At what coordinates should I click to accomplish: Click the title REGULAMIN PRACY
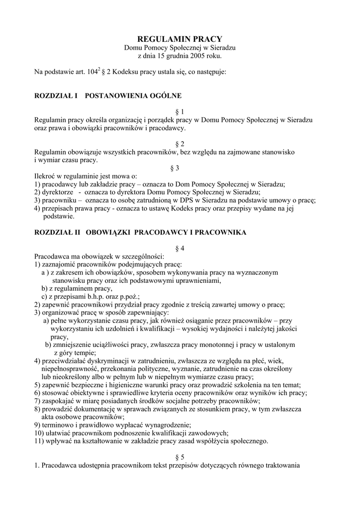(180, 39)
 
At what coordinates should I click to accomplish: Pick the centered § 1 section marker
(180, 111)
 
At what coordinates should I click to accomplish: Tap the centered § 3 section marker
(180, 168)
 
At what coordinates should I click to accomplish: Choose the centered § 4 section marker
(180, 248)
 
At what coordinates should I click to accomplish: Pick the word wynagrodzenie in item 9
(168, 425)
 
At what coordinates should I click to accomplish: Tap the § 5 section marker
(180, 457)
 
